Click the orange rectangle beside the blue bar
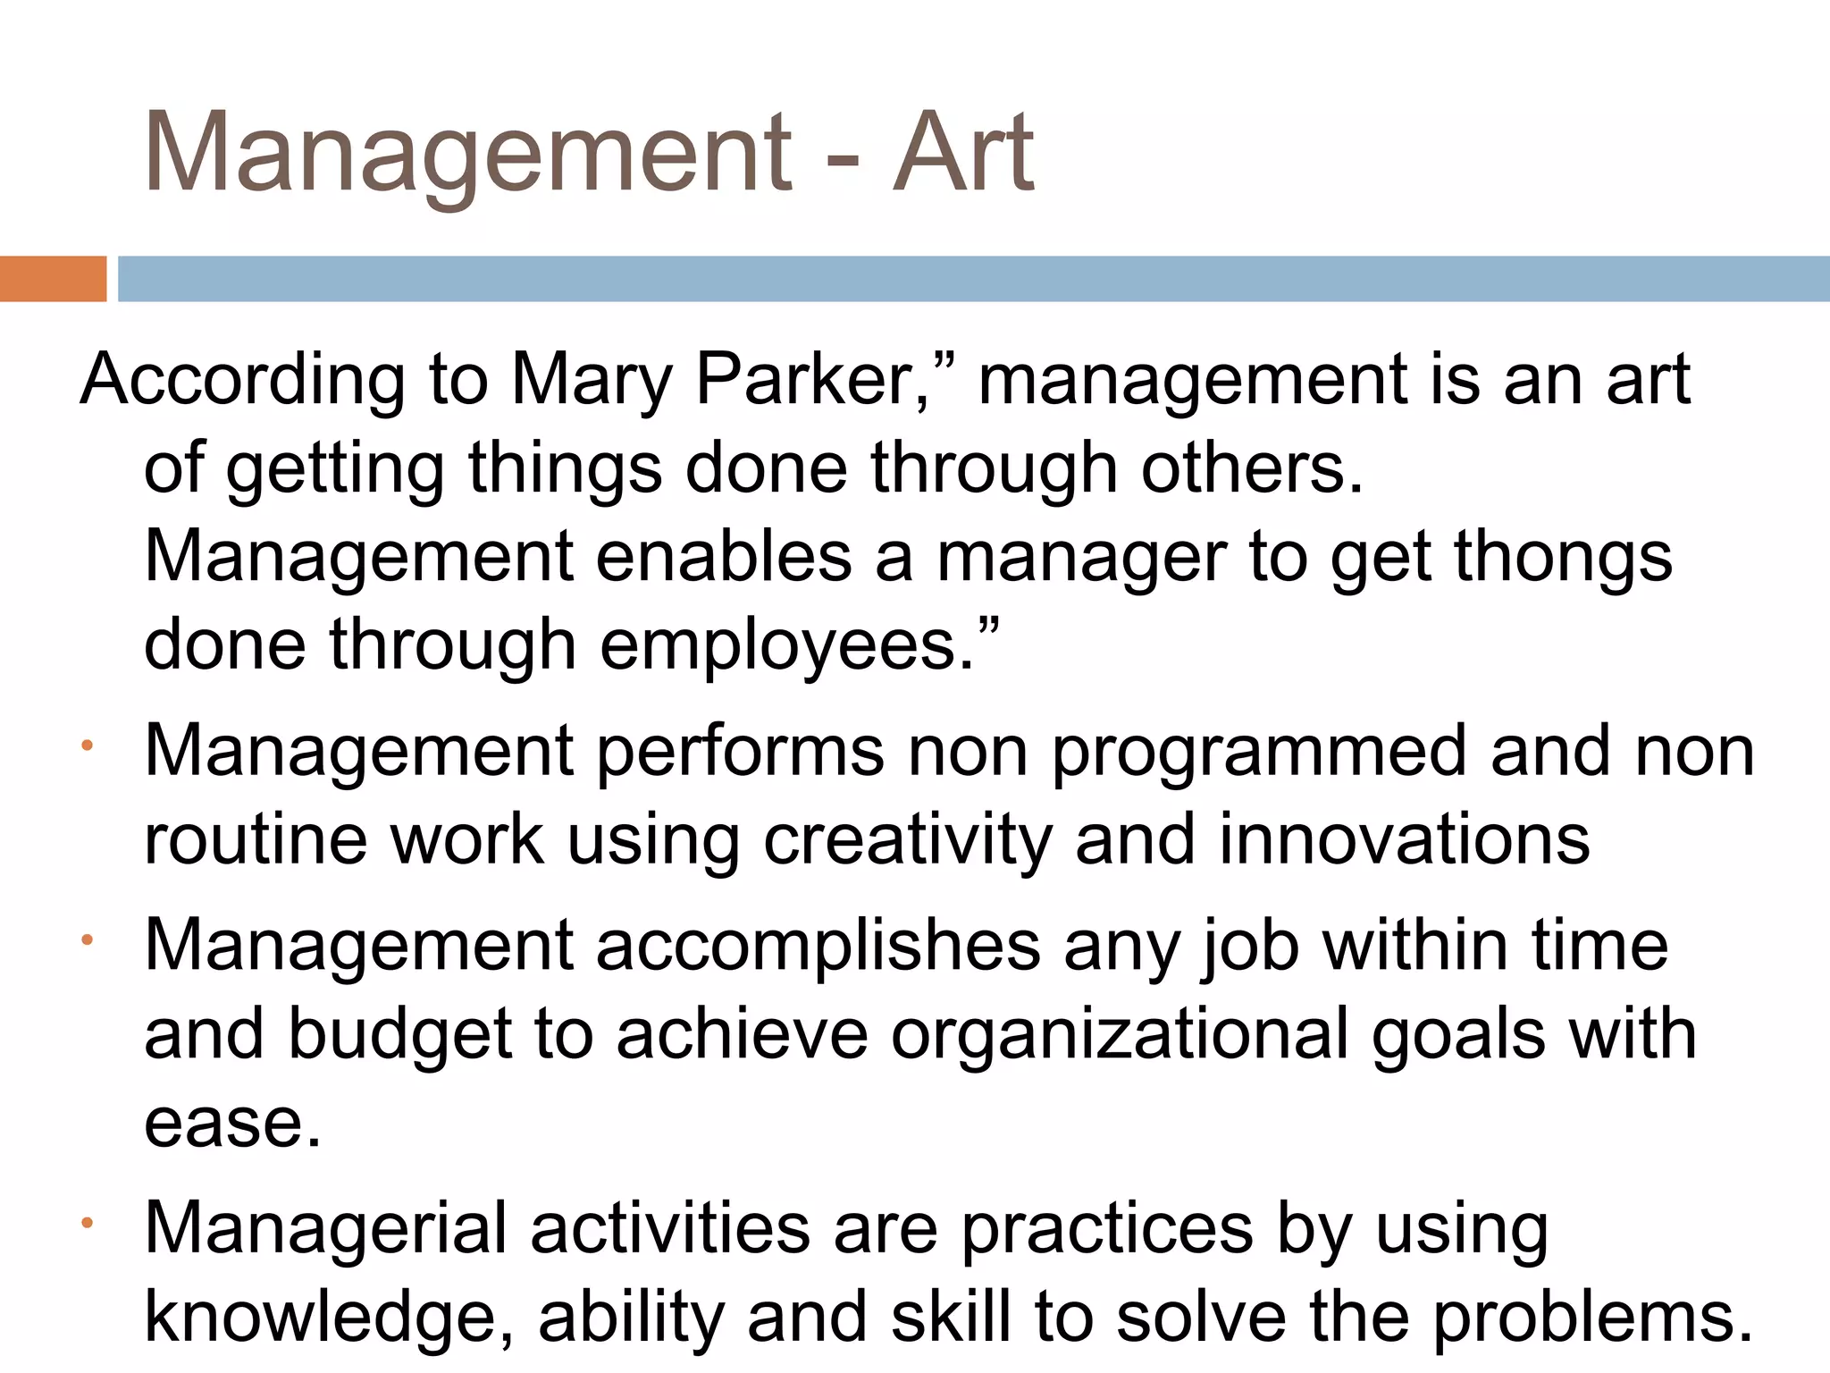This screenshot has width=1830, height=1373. pyautogui.click(x=53, y=279)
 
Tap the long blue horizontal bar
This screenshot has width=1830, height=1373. pyautogui.click(x=974, y=279)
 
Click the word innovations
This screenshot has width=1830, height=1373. pyautogui.click(x=1404, y=839)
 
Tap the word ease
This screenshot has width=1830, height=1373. pyautogui.click(x=231, y=1124)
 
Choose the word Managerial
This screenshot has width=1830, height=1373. pyautogui.click(x=325, y=1230)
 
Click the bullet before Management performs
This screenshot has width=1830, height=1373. pyautogui.click(x=87, y=745)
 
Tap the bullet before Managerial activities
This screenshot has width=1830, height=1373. pyautogui.click(x=87, y=1222)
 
